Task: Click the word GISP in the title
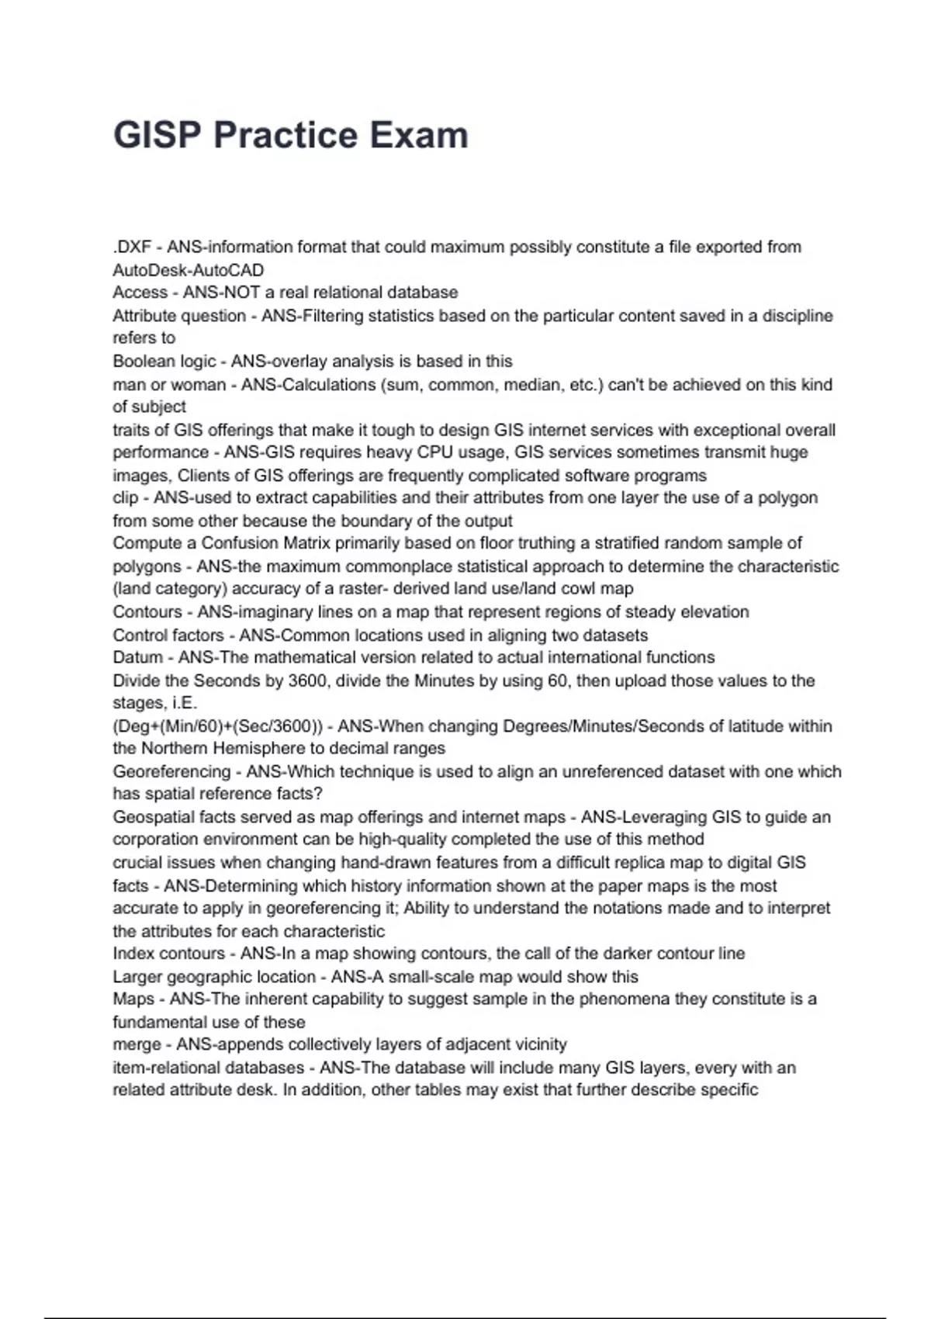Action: point(157,135)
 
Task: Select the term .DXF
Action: point(132,247)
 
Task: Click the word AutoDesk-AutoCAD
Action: point(189,270)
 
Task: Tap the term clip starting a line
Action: point(126,497)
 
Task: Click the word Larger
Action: point(138,976)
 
